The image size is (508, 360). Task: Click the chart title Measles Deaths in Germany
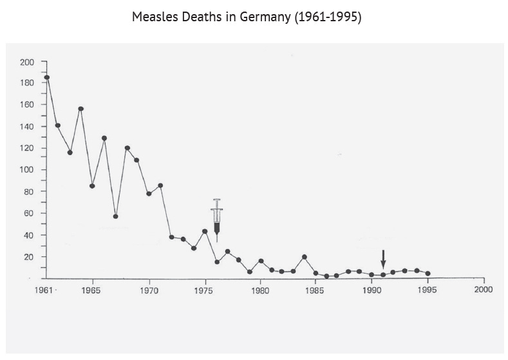(x=247, y=17)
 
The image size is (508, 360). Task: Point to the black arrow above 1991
(x=383, y=260)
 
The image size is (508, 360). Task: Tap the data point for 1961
(x=47, y=77)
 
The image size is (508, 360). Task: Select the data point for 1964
(x=81, y=109)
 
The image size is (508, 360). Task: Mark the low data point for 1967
(x=115, y=216)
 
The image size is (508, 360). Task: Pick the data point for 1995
(x=428, y=274)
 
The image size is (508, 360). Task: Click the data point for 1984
(x=305, y=257)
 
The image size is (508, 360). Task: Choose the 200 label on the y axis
(x=27, y=62)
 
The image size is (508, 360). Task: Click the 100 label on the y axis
(x=27, y=170)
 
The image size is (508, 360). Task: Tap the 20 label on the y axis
(x=29, y=257)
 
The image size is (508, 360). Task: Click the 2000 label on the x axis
(x=483, y=290)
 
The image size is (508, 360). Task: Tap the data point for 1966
(x=104, y=138)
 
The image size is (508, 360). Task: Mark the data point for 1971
(x=160, y=185)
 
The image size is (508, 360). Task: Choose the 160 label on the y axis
(x=27, y=105)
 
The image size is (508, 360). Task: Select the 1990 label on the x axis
(x=372, y=290)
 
